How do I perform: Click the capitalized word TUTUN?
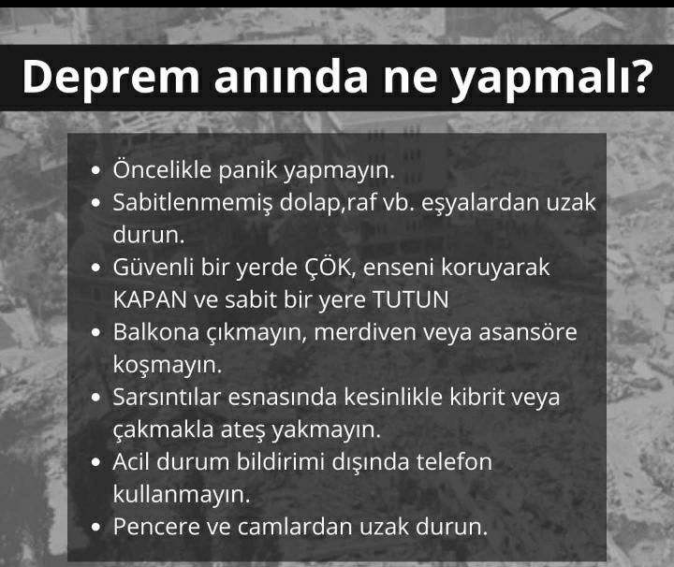(x=411, y=300)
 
